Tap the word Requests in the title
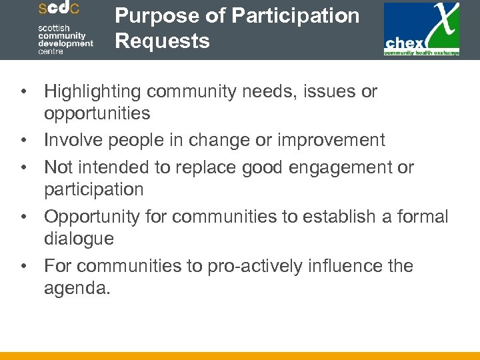coord(162,41)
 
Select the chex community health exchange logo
coord(421,29)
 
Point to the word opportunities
coord(97,113)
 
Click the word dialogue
coord(79,239)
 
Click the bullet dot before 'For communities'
coord(23,267)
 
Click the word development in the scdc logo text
coord(65,43)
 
